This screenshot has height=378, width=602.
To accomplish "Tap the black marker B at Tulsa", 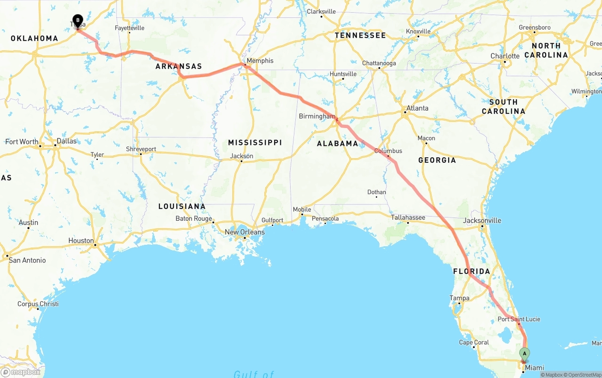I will [78, 21].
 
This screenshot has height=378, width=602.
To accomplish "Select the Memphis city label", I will [260, 61].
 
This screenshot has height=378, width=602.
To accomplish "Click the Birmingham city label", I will [317, 116].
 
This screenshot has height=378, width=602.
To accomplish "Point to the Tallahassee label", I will [408, 217].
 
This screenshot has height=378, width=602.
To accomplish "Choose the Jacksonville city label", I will [482, 220].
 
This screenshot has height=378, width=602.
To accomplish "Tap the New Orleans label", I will [245, 232].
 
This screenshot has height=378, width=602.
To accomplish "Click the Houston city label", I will [81, 241].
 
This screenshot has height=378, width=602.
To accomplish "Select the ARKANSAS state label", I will [179, 66].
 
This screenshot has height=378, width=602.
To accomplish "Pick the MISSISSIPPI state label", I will [255, 143].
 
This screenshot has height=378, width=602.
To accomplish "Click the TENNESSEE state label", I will [360, 35].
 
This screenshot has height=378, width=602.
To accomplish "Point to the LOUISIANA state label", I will [182, 206].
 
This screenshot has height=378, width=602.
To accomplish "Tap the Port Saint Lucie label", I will [519, 319].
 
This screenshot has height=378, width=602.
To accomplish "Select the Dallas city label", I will [66, 141].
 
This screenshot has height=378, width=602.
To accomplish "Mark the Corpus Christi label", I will [38, 304].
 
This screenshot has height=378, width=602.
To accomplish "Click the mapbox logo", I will [21, 372].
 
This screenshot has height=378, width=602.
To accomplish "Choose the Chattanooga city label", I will [379, 63].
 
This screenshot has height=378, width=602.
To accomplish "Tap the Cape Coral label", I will [474, 342].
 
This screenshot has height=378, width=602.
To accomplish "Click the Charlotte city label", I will [505, 56].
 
